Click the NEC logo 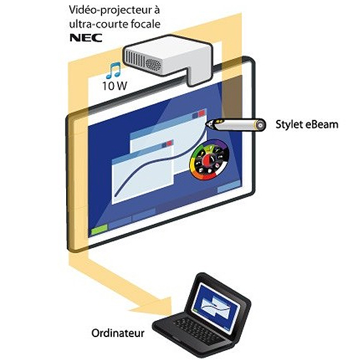tap(86, 38)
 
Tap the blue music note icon tap(113, 70)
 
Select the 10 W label tap(115, 86)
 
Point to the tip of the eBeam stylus tap(207, 124)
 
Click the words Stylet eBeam tap(307, 124)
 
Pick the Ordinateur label tap(118, 333)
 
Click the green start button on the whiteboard tap(99, 230)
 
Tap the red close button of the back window tap(202, 113)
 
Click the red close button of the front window tap(170, 143)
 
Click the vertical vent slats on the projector tap(133, 58)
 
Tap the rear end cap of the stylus tap(261, 125)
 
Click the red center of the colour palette tap(208, 160)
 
